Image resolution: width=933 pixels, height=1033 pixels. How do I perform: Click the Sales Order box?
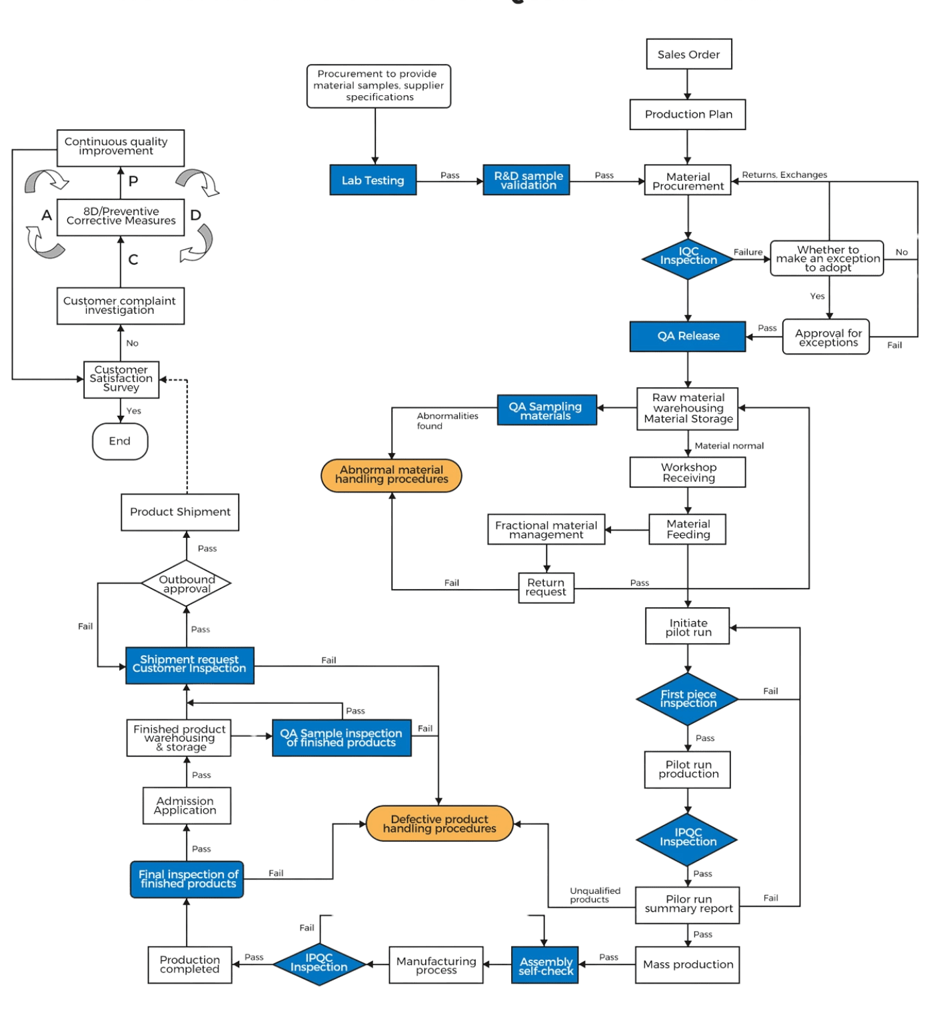pyautogui.click(x=688, y=54)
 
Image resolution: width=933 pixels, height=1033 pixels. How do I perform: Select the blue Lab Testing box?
pyautogui.click(x=373, y=180)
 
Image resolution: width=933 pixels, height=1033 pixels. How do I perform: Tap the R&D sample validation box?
pyautogui.click(x=526, y=180)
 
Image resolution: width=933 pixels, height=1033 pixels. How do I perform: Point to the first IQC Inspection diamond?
pyautogui.click(x=688, y=259)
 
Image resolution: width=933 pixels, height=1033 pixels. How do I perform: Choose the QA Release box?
pyautogui.click(x=688, y=336)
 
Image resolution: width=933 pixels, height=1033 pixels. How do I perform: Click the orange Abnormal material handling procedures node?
pyautogui.click(x=391, y=475)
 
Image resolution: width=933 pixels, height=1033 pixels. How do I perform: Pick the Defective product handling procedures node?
pyautogui.click(x=440, y=824)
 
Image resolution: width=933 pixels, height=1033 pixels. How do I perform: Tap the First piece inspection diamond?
pyautogui.click(x=688, y=699)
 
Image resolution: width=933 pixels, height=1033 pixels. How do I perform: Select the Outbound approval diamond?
pyautogui.click(x=187, y=584)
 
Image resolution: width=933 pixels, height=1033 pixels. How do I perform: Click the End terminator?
pyautogui.click(x=120, y=441)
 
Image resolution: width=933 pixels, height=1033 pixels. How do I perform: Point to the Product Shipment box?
pyautogui.click(x=180, y=512)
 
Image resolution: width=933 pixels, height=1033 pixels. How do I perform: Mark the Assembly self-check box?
pyautogui.click(x=546, y=966)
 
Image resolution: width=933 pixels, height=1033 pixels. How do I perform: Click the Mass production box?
pyautogui.click(x=688, y=964)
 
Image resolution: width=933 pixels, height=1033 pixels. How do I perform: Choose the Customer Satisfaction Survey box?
pyautogui.click(x=121, y=379)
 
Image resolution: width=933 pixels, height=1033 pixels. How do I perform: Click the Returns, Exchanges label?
pyautogui.click(x=784, y=175)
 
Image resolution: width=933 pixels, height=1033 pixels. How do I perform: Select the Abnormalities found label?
pyautogui.click(x=447, y=421)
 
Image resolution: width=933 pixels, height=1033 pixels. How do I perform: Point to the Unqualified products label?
pyautogui.click(x=595, y=895)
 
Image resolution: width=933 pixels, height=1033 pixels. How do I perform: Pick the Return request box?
pyautogui.click(x=546, y=587)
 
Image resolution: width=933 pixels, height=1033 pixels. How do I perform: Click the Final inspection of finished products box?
pyautogui.click(x=187, y=879)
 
